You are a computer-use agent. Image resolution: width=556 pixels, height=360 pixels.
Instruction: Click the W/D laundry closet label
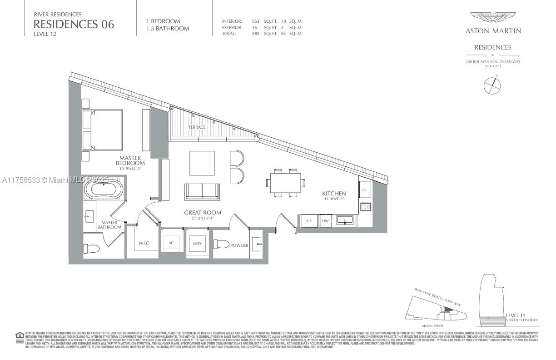[x=197, y=243]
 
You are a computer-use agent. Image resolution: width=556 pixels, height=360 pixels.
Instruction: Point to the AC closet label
[x=171, y=243]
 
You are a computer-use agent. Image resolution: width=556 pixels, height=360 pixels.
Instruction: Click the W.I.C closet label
[x=144, y=243]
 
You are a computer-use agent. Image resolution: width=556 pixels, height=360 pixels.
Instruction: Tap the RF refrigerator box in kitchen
[x=309, y=221]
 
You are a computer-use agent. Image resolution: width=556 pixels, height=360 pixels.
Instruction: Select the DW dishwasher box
[x=325, y=221]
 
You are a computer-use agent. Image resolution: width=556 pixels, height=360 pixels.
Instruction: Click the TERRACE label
[x=197, y=127]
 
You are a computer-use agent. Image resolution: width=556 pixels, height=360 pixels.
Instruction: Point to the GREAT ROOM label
[x=203, y=213]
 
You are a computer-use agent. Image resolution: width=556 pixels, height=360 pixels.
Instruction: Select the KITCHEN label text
[x=334, y=194]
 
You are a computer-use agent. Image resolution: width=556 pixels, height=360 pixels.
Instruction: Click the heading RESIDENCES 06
[x=74, y=24]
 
